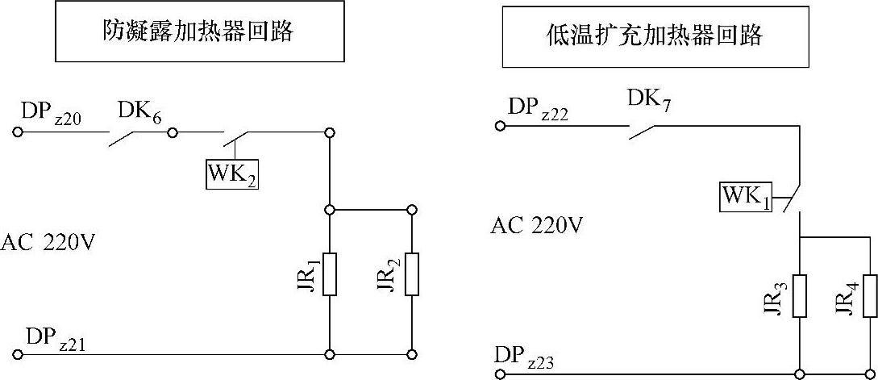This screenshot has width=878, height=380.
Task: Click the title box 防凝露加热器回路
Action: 198,31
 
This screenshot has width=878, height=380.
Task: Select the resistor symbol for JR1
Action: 329,274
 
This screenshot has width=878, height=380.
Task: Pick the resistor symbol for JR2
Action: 412,274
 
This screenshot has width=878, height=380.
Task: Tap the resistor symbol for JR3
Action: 799,295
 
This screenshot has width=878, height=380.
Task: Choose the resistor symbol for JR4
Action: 869,295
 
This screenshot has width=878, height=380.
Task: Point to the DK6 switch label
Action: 139,112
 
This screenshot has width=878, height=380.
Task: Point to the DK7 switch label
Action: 648,101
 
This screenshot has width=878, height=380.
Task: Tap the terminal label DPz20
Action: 53,112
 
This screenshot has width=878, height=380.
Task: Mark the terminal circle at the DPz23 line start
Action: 500,374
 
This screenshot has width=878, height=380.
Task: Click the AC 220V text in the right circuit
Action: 536,226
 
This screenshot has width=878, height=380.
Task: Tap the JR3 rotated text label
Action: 772,297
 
